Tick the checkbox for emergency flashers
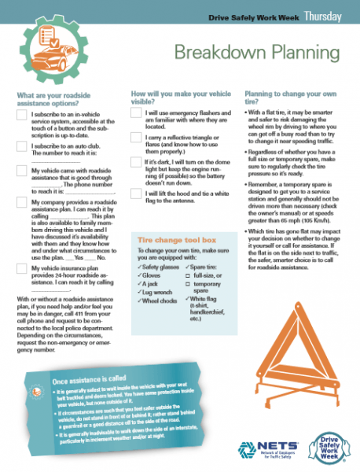(135, 116)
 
